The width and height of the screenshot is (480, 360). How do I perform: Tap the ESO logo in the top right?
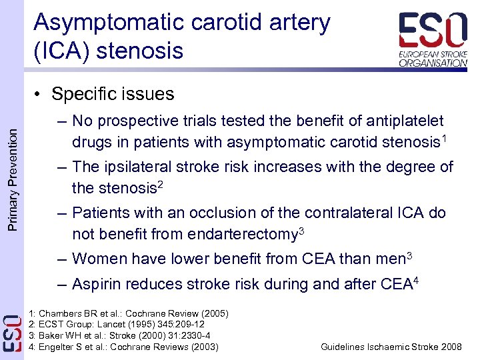[433, 39]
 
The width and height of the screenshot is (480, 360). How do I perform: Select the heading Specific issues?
[112, 94]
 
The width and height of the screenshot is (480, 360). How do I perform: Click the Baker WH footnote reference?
[120, 336]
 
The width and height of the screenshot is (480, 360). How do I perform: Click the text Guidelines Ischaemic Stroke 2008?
[391, 347]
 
